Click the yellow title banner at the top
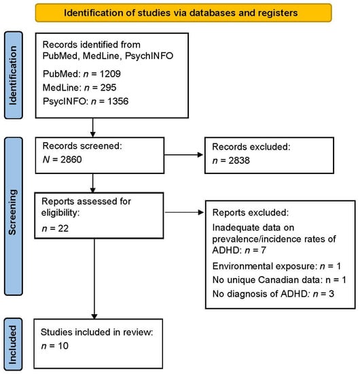(179, 13)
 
